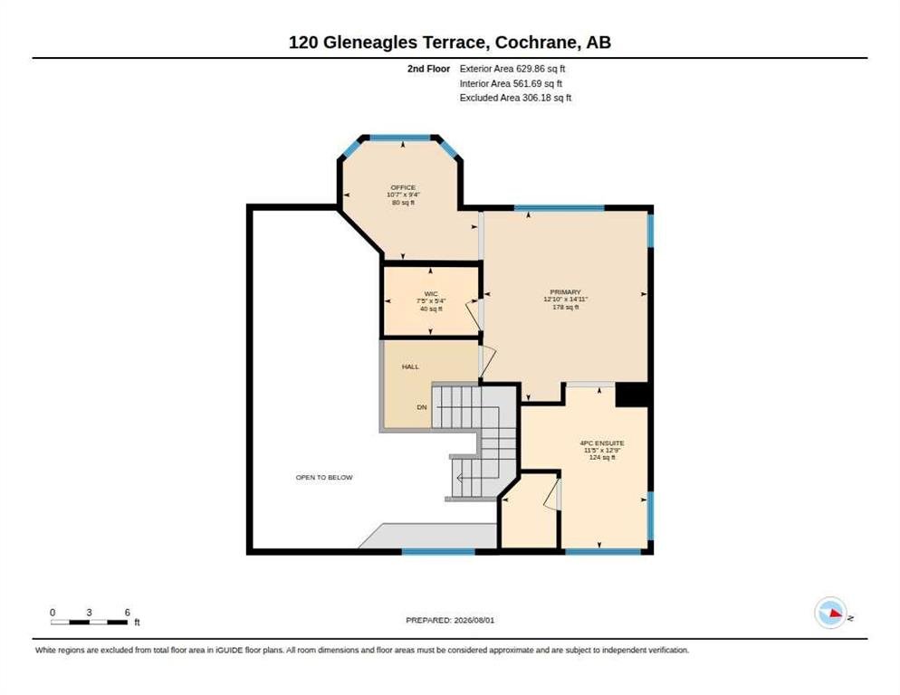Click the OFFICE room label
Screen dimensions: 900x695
[x=403, y=187]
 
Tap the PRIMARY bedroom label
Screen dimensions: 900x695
[x=565, y=292]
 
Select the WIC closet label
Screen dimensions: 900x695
[x=431, y=294]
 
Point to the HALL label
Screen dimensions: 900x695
[x=410, y=367]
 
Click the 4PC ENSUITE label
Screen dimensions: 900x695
[x=602, y=443]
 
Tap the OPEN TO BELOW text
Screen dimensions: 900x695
[x=324, y=478]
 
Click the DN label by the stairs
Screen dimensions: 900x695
[x=422, y=407]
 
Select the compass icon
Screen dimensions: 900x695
[x=830, y=613]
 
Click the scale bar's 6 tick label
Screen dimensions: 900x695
[x=128, y=613]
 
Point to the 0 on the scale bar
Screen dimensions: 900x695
[x=53, y=613]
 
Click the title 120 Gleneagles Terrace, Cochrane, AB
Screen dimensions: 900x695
[x=450, y=43]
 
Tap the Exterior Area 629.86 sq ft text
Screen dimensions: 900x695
[x=512, y=69]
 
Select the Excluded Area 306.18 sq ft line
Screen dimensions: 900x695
[x=515, y=98]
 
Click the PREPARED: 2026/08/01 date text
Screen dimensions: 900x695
[x=450, y=621]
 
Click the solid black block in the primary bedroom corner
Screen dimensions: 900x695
[x=631, y=395]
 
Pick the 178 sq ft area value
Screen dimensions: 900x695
[x=565, y=308]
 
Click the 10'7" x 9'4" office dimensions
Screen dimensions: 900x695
[x=403, y=195]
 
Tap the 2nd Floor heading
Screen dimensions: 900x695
[x=429, y=69]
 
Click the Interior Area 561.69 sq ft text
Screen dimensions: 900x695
[x=511, y=84]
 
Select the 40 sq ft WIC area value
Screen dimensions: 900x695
[x=431, y=309]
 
